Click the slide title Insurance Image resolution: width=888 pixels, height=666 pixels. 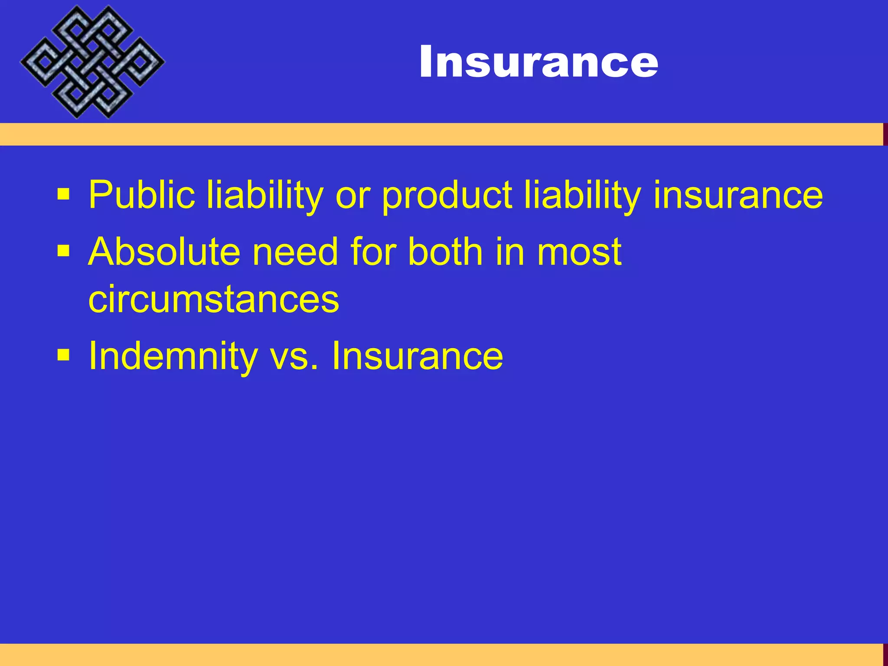539,62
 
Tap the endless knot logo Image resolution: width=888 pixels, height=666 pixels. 92,62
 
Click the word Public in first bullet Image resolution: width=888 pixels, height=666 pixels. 141,195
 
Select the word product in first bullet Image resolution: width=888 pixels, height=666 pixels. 447,196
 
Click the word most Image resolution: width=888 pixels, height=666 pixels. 579,253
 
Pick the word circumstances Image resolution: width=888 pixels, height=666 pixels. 213,299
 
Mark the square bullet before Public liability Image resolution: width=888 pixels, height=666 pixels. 63,195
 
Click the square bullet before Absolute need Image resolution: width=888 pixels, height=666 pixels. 63,251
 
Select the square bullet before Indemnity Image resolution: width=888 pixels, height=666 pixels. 63,355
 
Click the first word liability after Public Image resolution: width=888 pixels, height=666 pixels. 264,195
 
